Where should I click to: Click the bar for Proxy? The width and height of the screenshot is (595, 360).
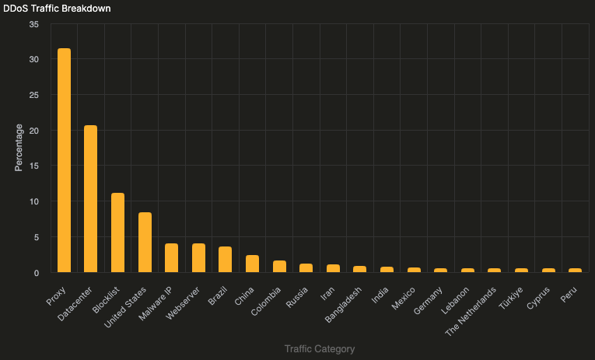click(x=64, y=160)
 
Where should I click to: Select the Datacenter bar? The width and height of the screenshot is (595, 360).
click(x=91, y=198)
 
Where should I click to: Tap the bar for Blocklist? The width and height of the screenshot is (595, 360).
click(x=117, y=232)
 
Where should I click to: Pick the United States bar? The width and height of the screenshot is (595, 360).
click(x=145, y=242)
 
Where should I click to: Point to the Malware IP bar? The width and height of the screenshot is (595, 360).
click(x=172, y=258)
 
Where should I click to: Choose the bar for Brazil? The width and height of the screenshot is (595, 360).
click(x=226, y=260)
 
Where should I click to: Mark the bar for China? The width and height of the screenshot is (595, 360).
click(x=252, y=264)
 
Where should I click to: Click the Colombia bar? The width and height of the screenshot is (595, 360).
click(x=279, y=267)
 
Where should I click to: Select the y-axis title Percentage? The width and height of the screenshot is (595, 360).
click(x=19, y=148)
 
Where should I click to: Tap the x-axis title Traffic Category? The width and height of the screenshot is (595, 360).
click(x=320, y=349)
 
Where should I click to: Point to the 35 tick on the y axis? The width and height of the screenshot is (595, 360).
click(x=33, y=24)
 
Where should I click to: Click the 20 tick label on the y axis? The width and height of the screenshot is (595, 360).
click(x=33, y=131)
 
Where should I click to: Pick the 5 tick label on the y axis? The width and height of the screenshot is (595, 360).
click(x=36, y=237)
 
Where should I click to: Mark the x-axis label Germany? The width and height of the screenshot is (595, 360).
click(x=429, y=300)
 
